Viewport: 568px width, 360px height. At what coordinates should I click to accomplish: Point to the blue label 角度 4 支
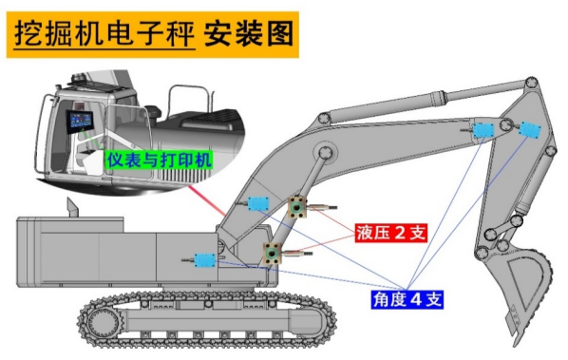point(407,300)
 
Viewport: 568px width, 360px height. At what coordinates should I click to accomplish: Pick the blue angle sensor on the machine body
point(204,258)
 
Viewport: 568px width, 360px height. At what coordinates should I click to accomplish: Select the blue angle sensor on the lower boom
point(256,203)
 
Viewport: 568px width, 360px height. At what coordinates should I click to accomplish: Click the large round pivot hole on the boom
point(324,152)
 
